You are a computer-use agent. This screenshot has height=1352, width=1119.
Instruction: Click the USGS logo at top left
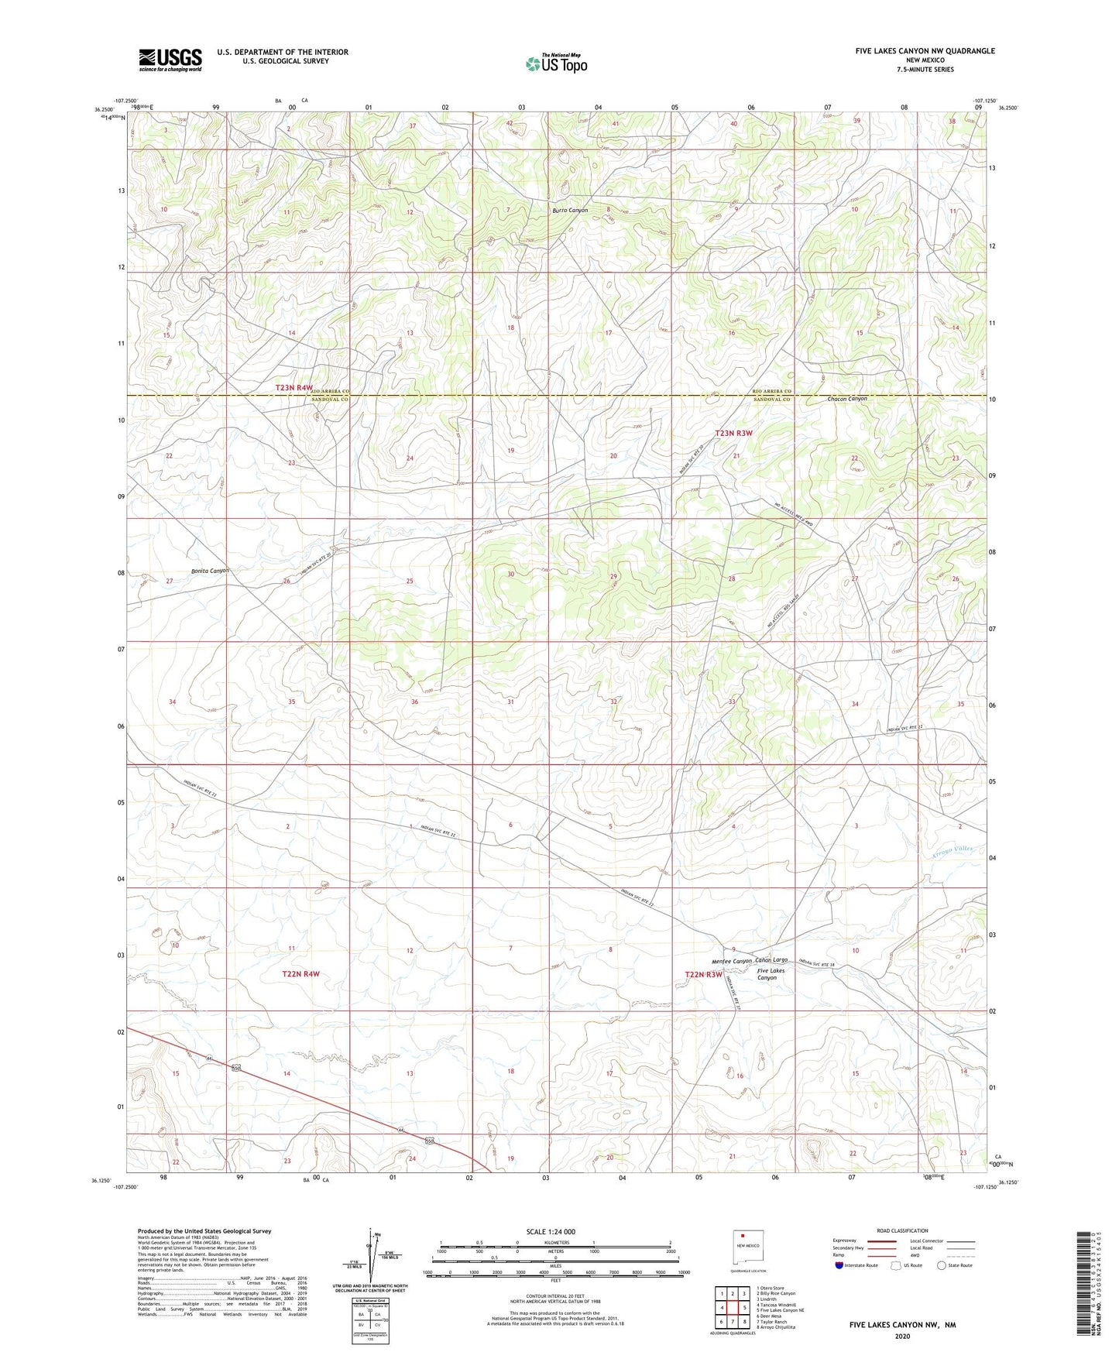pyautogui.click(x=170, y=60)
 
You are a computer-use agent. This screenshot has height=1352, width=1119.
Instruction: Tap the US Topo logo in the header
pyautogui.click(x=556, y=63)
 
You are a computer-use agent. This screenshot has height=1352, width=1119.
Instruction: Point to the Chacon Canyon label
pyautogui.click(x=847, y=399)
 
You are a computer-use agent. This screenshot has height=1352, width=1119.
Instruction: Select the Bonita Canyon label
pyautogui.click(x=210, y=571)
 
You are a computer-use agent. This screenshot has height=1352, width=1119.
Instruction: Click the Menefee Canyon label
pyautogui.click(x=732, y=961)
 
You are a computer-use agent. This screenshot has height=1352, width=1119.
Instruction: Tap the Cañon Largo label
pyautogui.click(x=771, y=960)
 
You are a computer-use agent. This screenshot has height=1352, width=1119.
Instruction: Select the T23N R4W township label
pyautogui.click(x=294, y=387)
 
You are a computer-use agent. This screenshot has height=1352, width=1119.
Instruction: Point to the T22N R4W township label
pyautogui.click(x=300, y=974)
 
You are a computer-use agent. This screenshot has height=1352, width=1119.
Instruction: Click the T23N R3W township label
pyautogui.click(x=733, y=434)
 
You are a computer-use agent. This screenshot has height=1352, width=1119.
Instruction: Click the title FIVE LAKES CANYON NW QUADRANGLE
pyautogui.click(x=925, y=51)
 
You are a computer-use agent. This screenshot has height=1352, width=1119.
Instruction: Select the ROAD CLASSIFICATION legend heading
pyautogui.click(x=902, y=1230)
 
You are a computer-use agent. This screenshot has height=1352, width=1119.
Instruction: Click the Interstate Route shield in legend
pyautogui.click(x=840, y=1265)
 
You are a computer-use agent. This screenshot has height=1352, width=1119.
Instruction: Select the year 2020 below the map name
pyautogui.click(x=902, y=1336)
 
